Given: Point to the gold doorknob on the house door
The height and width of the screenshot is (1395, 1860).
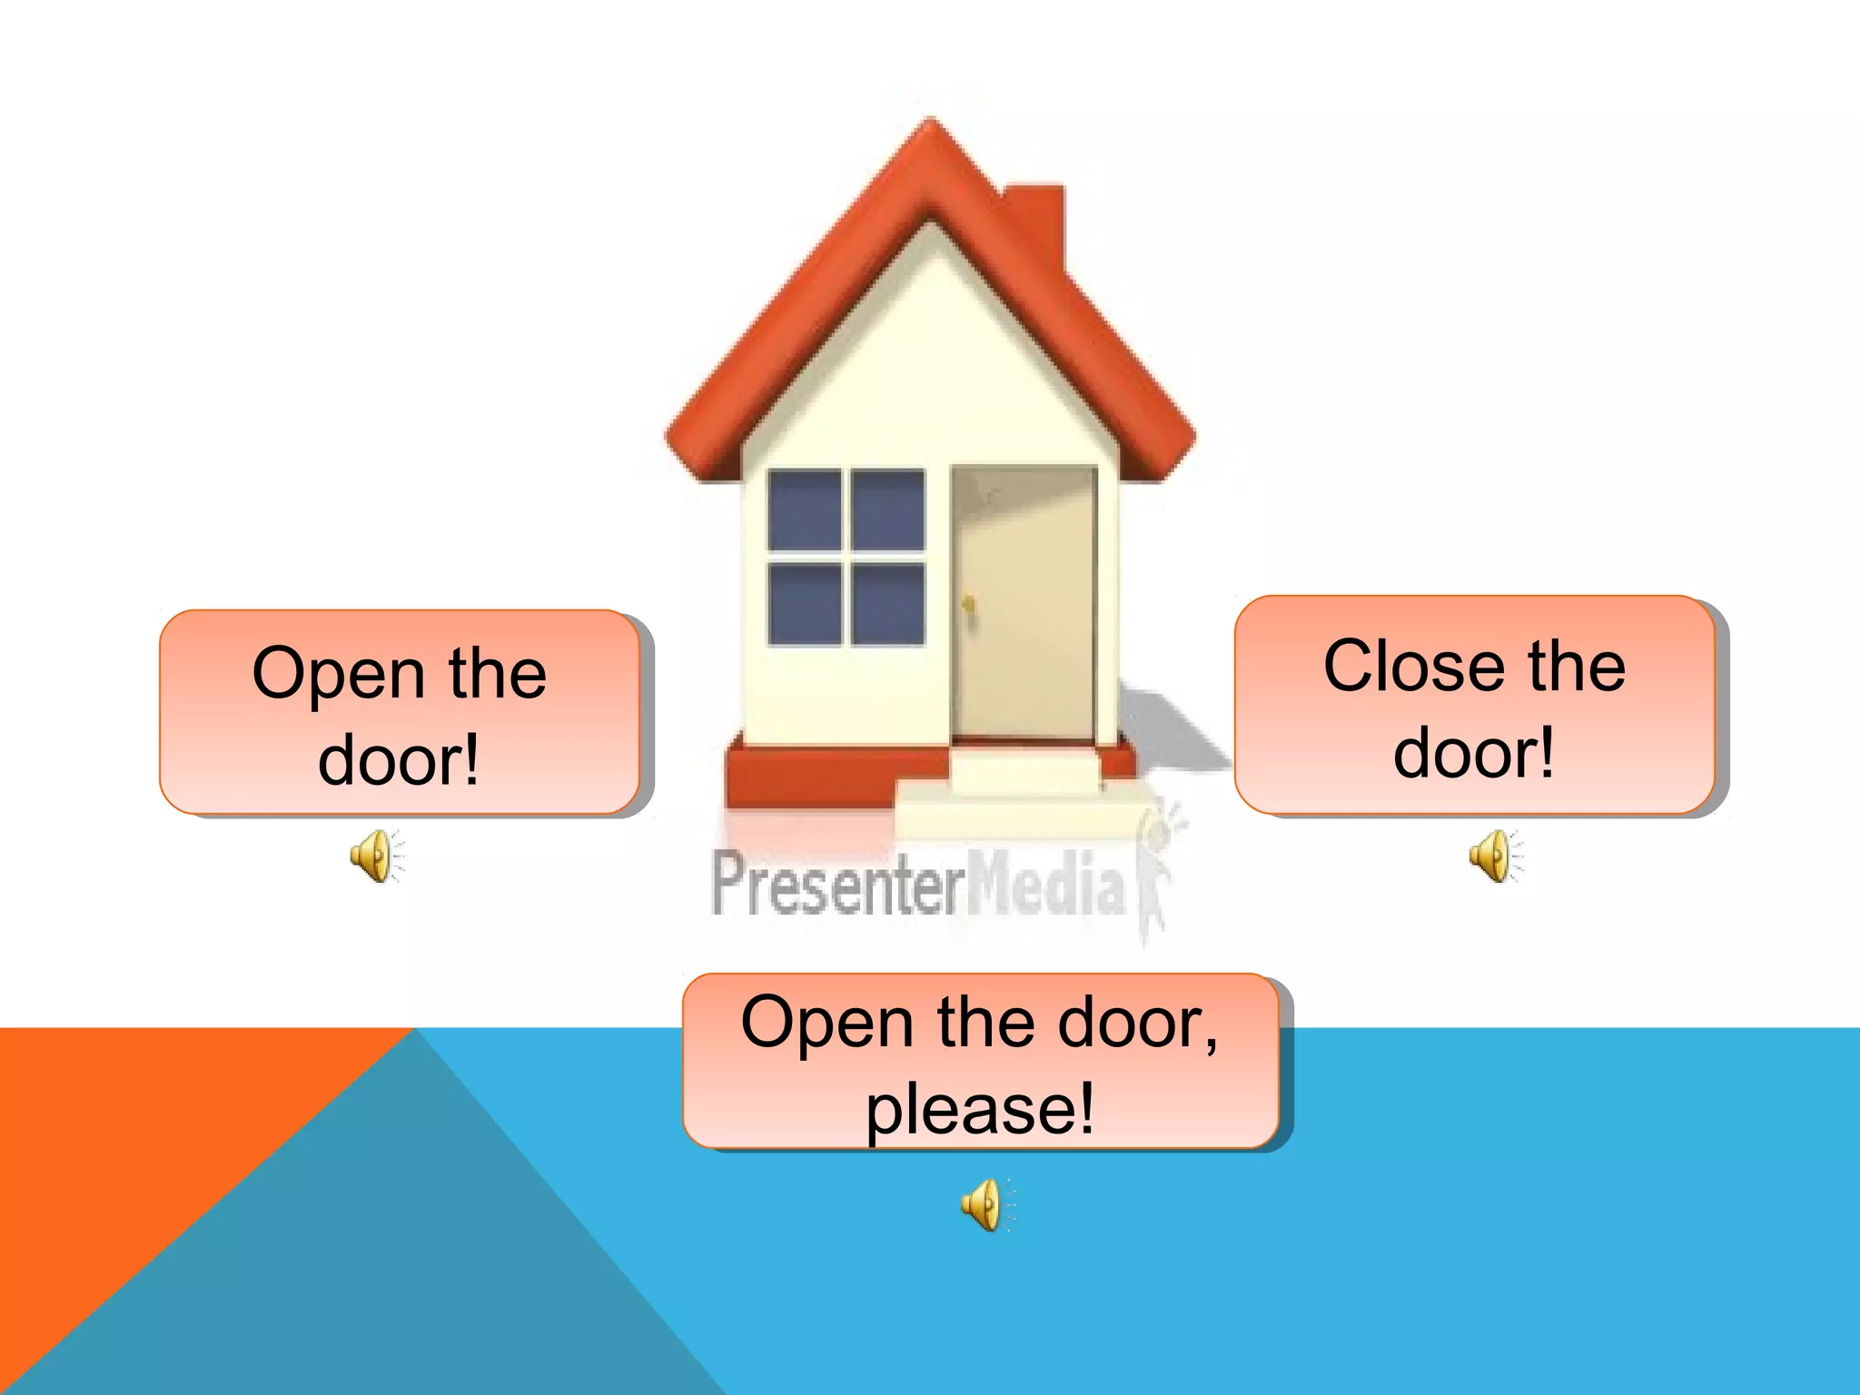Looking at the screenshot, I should click(969, 603).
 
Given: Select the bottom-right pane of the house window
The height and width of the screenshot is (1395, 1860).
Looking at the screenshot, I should click(888, 604).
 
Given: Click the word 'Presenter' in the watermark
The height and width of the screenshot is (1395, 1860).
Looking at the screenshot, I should click(836, 884).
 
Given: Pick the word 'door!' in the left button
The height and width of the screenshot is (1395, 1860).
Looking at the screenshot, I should click(399, 761).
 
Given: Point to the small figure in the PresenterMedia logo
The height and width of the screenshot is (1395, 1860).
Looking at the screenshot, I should click(1158, 872).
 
